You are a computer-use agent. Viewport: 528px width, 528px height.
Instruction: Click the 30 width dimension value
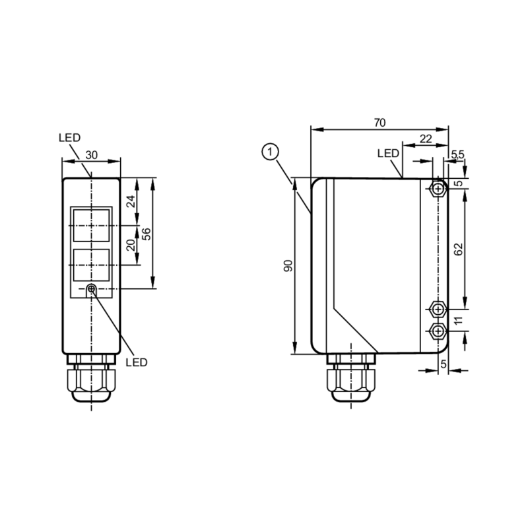(92, 154)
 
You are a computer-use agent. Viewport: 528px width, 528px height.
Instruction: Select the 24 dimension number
(131, 201)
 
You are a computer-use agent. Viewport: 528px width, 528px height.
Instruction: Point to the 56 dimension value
(147, 233)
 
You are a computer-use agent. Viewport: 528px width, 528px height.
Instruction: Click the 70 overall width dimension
(379, 122)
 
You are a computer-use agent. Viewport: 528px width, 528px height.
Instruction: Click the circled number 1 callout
(269, 152)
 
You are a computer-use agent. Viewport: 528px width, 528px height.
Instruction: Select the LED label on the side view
(388, 153)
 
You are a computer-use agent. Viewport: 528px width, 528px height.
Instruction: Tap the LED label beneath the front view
(137, 362)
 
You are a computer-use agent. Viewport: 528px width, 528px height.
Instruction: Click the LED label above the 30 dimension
(69, 138)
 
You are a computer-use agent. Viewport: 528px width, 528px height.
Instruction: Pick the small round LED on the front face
(92, 289)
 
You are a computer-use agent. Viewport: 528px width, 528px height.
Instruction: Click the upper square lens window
(92, 224)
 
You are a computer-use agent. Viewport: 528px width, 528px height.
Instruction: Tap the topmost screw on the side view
(437, 189)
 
